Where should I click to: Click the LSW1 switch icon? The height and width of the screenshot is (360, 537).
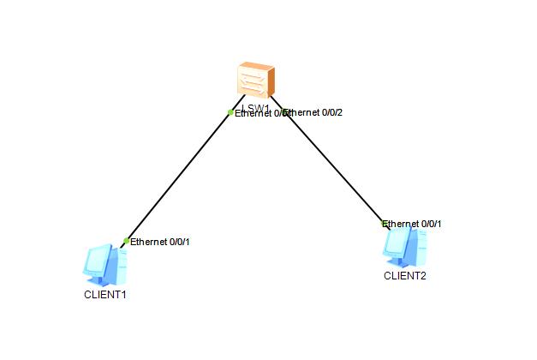point(255,81)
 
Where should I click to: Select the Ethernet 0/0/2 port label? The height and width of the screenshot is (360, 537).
point(314,112)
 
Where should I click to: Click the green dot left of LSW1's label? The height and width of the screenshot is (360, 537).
point(230,112)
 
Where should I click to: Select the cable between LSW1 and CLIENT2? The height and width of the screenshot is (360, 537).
point(334,167)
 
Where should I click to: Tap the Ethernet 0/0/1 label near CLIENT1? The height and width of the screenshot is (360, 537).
point(160,242)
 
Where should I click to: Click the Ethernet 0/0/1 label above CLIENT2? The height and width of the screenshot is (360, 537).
point(413,224)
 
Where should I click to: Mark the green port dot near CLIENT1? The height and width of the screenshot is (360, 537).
point(127,241)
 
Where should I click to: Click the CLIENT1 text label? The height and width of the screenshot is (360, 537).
point(104,294)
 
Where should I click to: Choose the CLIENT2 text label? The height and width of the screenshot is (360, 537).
point(404,276)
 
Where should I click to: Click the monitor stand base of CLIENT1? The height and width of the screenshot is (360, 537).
point(102,280)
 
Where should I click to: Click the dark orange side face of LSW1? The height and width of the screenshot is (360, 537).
point(271,82)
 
